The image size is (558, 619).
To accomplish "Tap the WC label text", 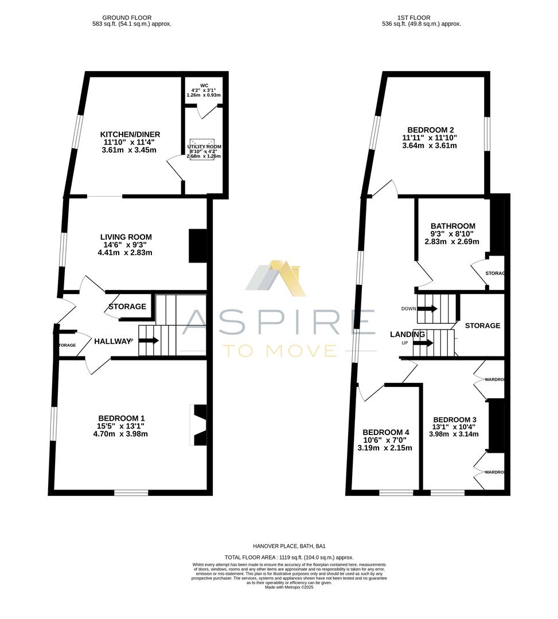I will click(204, 86).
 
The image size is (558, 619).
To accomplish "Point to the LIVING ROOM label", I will click(126, 237).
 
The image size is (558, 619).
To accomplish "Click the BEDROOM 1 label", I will click(122, 418).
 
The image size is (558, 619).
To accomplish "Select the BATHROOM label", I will click(453, 226).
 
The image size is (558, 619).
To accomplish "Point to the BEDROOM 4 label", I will click(386, 432).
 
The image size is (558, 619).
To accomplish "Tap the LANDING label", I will click(408, 334).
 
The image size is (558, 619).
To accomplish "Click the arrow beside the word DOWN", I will click(427, 309).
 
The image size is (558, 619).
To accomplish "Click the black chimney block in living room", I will click(198, 246).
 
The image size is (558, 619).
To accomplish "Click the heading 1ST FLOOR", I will click(422, 18).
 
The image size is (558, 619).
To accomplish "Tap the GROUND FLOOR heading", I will click(131, 18).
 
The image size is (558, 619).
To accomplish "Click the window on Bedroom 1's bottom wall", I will click(131, 492).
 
